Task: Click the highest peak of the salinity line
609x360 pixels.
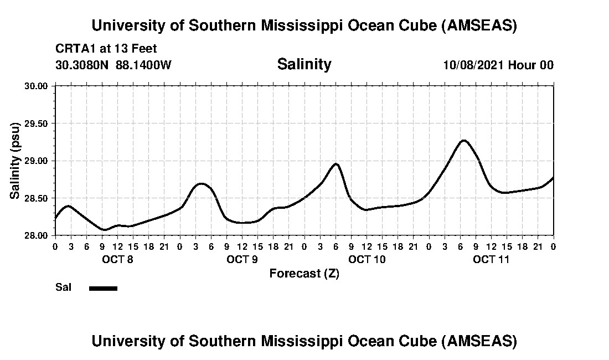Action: pyautogui.click(x=463, y=141)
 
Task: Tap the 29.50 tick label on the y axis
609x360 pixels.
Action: pyautogui.click(x=37, y=124)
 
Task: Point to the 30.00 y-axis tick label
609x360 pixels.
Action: pyautogui.click(x=37, y=86)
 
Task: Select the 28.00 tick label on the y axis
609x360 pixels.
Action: pyautogui.click(x=37, y=235)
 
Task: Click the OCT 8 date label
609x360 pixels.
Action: pyautogui.click(x=117, y=259)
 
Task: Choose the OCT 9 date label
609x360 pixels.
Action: pyautogui.click(x=242, y=259)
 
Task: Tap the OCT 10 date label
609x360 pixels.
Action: pyautogui.click(x=367, y=259)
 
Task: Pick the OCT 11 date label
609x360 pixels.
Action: pyautogui.click(x=491, y=259)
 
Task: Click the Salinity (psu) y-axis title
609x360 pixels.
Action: pyautogui.click(x=16, y=161)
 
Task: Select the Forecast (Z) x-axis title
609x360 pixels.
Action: pyautogui.click(x=304, y=274)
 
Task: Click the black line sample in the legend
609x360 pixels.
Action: pyautogui.click(x=103, y=288)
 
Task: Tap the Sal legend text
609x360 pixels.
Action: pyautogui.click(x=63, y=287)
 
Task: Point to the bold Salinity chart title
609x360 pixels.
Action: pyautogui.click(x=304, y=64)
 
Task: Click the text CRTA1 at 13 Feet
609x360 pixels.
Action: pyautogui.click(x=106, y=49)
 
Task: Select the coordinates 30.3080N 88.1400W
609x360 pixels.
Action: pyautogui.click(x=113, y=65)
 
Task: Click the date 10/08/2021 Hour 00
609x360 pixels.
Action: pyautogui.click(x=498, y=65)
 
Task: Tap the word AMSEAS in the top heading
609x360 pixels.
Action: pyautogui.click(x=479, y=25)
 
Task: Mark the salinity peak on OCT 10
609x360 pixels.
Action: pyautogui.click(x=336, y=164)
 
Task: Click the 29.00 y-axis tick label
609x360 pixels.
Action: pyautogui.click(x=37, y=161)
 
